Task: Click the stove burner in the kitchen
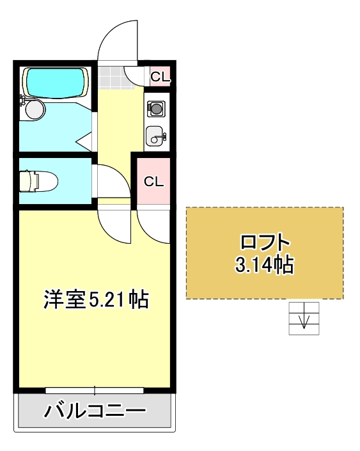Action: pos(155,109)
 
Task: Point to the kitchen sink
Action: pos(155,136)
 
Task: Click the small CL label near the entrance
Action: pos(159,77)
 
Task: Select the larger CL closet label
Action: pos(153,181)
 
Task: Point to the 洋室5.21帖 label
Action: pos(95,299)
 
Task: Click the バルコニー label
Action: pos(95,411)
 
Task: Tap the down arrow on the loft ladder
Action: pos(304,319)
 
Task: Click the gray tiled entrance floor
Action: pos(113,77)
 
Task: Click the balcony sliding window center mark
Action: pos(95,389)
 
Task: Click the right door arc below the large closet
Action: pos(153,224)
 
